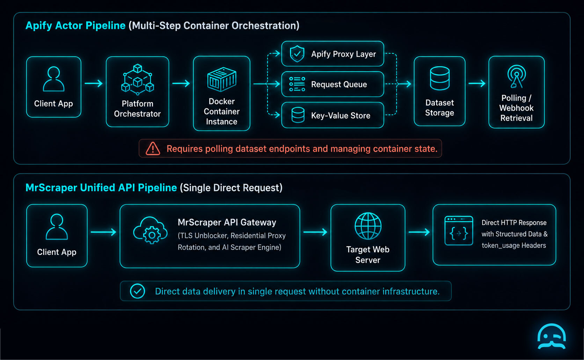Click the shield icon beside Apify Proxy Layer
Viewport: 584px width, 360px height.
pyautogui.click(x=297, y=54)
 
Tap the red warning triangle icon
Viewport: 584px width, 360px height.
pyautogui.click(x=153, y=149)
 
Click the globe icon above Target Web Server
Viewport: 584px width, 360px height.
pyautogui.click(x=368, y=226)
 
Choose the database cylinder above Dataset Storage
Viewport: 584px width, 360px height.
pyautogui.click(x=439, y=79)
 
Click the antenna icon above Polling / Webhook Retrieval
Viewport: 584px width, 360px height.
pyautogui.click(x=517, y=76)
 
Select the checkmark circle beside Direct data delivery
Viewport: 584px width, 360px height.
pyautogui.click(x=137, y=291)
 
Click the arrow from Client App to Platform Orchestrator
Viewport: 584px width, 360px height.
pyautogui.click(x=94, y=83)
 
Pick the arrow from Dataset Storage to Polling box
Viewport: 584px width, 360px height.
pyautogui.click(x=477, y=83)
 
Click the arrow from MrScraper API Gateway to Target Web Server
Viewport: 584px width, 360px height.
pyautogui.click(x=315, y=232)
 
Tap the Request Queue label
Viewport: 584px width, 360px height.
pyautogui.click(x=339, y=84)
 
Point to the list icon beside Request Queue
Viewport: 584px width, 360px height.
pyautogui.click(x=297, y=84)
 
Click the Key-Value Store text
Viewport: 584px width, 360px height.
pyautogui.click(x=341, y=116)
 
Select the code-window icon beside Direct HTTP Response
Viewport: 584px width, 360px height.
pyautogui.click(x=459, y=231)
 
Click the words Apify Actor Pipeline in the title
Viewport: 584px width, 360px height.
pyautogui.click(x=75, y=25)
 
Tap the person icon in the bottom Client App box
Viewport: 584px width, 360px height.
pyautogui.click(x=57, y=227)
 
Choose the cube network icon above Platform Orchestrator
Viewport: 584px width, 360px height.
pyautogui.click(x=137, y=79)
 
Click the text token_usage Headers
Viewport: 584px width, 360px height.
pyautogui.click(x=513, y=245)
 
